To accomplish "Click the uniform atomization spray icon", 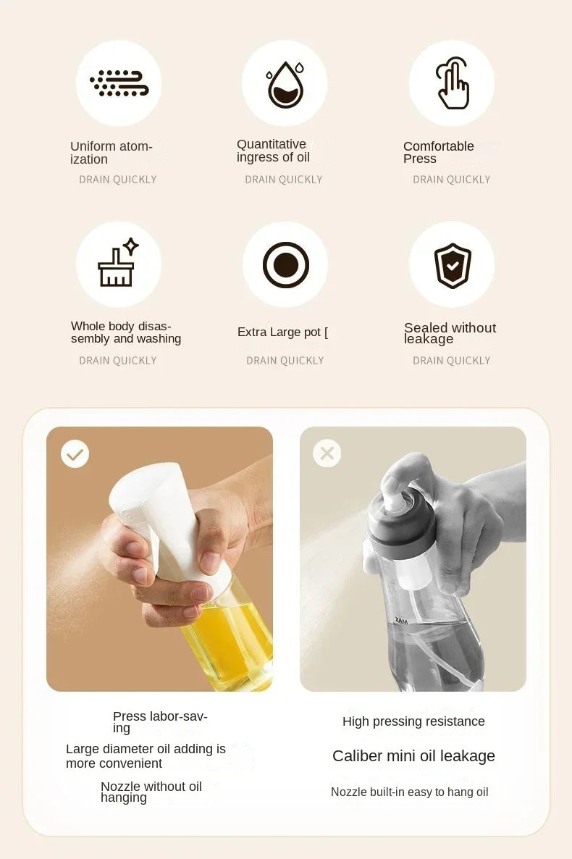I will tap(119, 83).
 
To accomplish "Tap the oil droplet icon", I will tap(285, 84).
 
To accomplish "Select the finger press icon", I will tap(453, 84).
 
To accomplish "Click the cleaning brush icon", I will tap(118, 264).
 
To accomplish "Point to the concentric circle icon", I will tap(285, 264).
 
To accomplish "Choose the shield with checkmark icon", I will tap(453, 265).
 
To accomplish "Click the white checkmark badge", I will tap(75, 454).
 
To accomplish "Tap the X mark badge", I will tap(327, 453).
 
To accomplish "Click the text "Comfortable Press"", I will tap(438, 152).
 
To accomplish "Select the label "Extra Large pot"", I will tap(282, 332).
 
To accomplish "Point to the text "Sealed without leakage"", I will tap(450, 333).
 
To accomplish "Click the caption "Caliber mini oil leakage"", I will tap(413, 756).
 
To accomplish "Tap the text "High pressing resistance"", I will tap(413, 721).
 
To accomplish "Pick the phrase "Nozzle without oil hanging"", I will tap(151, 792).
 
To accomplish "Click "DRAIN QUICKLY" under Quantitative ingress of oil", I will tap(284, 180).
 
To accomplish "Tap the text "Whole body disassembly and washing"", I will tap(125, 332).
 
